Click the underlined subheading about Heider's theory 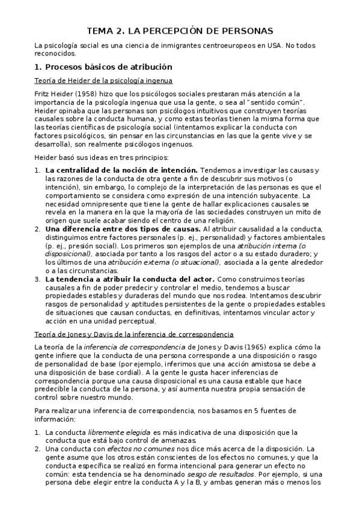[x=103, y=81]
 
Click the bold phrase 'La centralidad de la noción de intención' [x=121, y=171]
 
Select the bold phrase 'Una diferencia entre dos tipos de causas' [x=123, y=229]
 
